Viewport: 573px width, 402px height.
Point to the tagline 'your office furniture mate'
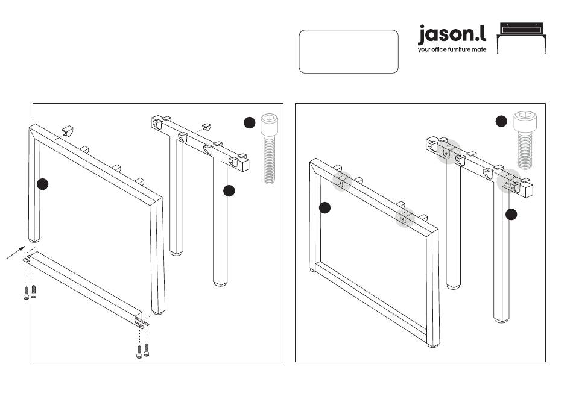pos(452,50)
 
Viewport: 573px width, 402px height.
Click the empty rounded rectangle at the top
pos(349,52)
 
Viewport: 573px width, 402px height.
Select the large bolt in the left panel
pos(268,148)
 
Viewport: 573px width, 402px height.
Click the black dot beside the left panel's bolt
pos(250,122)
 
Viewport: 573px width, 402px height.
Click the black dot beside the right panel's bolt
pos(501,121)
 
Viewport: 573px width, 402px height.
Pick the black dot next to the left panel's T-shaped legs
pos(229,190)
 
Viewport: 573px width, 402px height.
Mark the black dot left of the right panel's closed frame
pos(325,208)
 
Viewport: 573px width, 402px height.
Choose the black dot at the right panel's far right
pos(511,215)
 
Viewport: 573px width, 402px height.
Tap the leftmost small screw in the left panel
pos(26,294)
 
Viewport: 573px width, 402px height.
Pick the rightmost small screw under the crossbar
pos(147,350)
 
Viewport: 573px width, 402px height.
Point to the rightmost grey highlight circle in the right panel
pos(510,179)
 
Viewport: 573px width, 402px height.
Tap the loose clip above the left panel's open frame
pos(69,130)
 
